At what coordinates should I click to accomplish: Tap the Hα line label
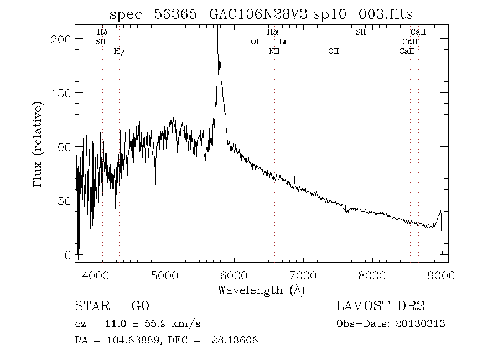pos(272,33)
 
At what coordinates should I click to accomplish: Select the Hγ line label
pos(119,52)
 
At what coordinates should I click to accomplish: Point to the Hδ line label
pos(102,33)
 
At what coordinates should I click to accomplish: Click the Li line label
pos(283,42)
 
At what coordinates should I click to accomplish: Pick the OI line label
pos(255,42)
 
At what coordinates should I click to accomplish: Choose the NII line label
pos(274,52)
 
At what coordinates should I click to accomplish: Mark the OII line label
pos(333,52)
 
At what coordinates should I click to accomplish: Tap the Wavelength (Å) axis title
pos(261,290)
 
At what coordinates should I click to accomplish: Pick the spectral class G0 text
pos(140,306)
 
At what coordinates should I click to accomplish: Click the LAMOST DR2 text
pos(380,306)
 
